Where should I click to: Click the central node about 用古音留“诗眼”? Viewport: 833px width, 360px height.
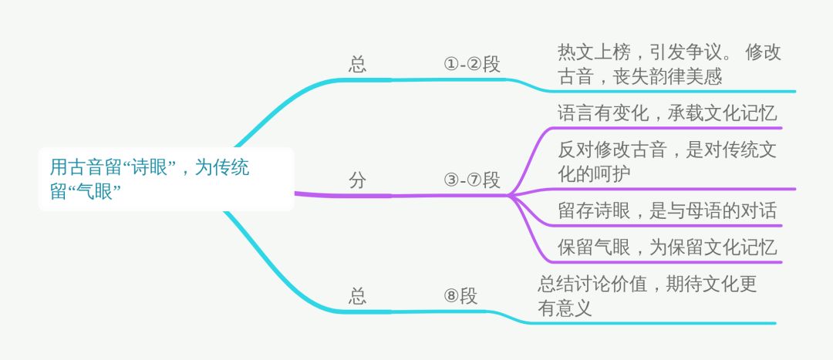point(166,179)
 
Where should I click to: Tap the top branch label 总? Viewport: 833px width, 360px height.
point(357,64)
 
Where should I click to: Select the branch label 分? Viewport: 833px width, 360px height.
point(357,181)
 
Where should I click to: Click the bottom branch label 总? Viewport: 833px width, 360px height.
point(357,296)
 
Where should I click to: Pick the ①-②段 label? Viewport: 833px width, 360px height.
point(472,64)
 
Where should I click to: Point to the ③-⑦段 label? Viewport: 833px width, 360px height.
point(472,181)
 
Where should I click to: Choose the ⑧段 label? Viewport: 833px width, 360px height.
point(460,296)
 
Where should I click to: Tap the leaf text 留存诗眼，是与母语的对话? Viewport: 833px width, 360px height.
point(666,210)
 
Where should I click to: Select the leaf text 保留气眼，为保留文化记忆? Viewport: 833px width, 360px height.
point(666,247)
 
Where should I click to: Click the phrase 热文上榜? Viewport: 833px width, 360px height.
point(593,52)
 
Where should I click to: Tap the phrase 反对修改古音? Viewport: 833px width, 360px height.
point(612,150)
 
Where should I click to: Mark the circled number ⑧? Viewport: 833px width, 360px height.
point(451,296)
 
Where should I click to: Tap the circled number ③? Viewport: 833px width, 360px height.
point(451,181)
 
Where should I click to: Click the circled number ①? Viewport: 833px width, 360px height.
point(451,64)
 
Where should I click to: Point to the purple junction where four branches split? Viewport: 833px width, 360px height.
point(511,195)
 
